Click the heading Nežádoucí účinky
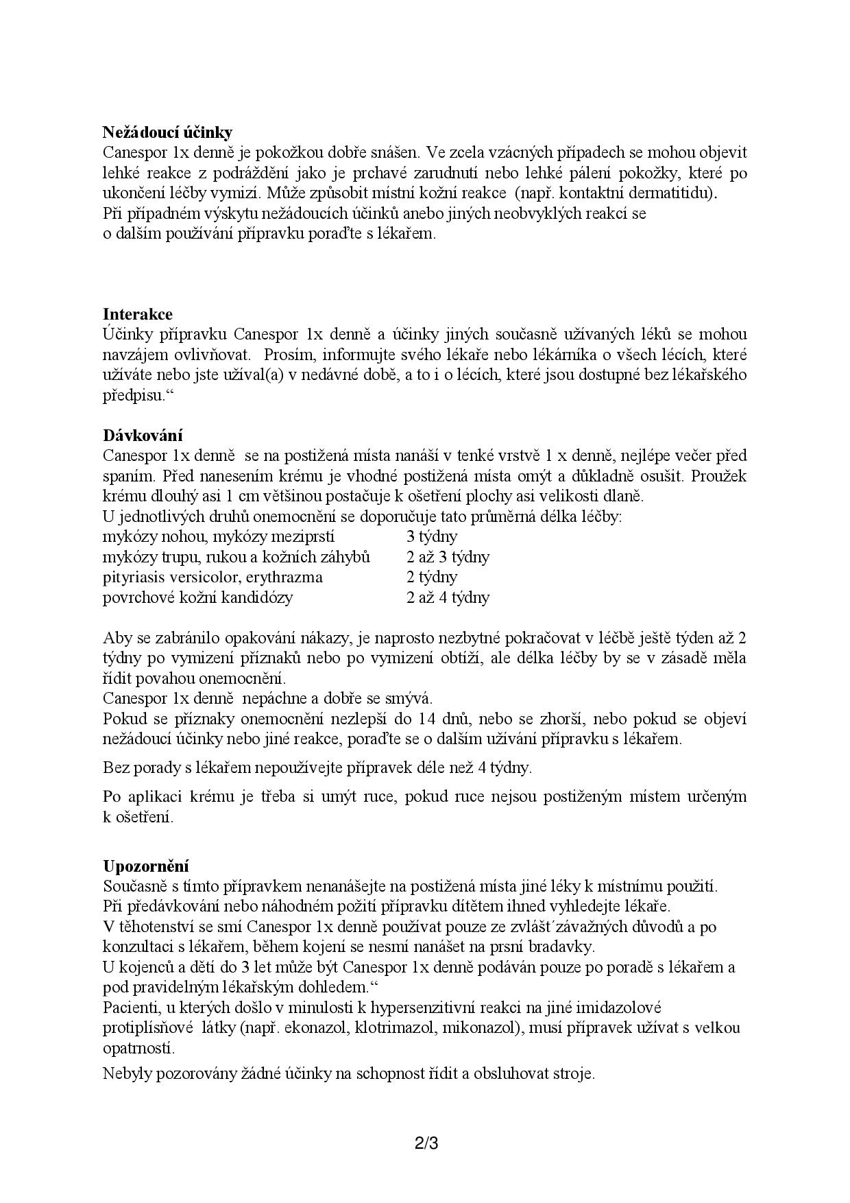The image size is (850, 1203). [168, 132]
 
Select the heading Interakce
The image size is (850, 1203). [138, 315]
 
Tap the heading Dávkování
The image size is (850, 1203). [143, 436]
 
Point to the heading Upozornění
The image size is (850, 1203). [146, 866]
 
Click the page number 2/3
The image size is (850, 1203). [426, 1144]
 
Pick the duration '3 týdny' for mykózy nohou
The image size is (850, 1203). [432, 536]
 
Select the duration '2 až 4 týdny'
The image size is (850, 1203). [448, 597]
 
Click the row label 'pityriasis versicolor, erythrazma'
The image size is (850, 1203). [212, 577]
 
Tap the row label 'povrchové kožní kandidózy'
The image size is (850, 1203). [197, 597]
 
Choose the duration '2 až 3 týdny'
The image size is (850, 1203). [448, 557]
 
